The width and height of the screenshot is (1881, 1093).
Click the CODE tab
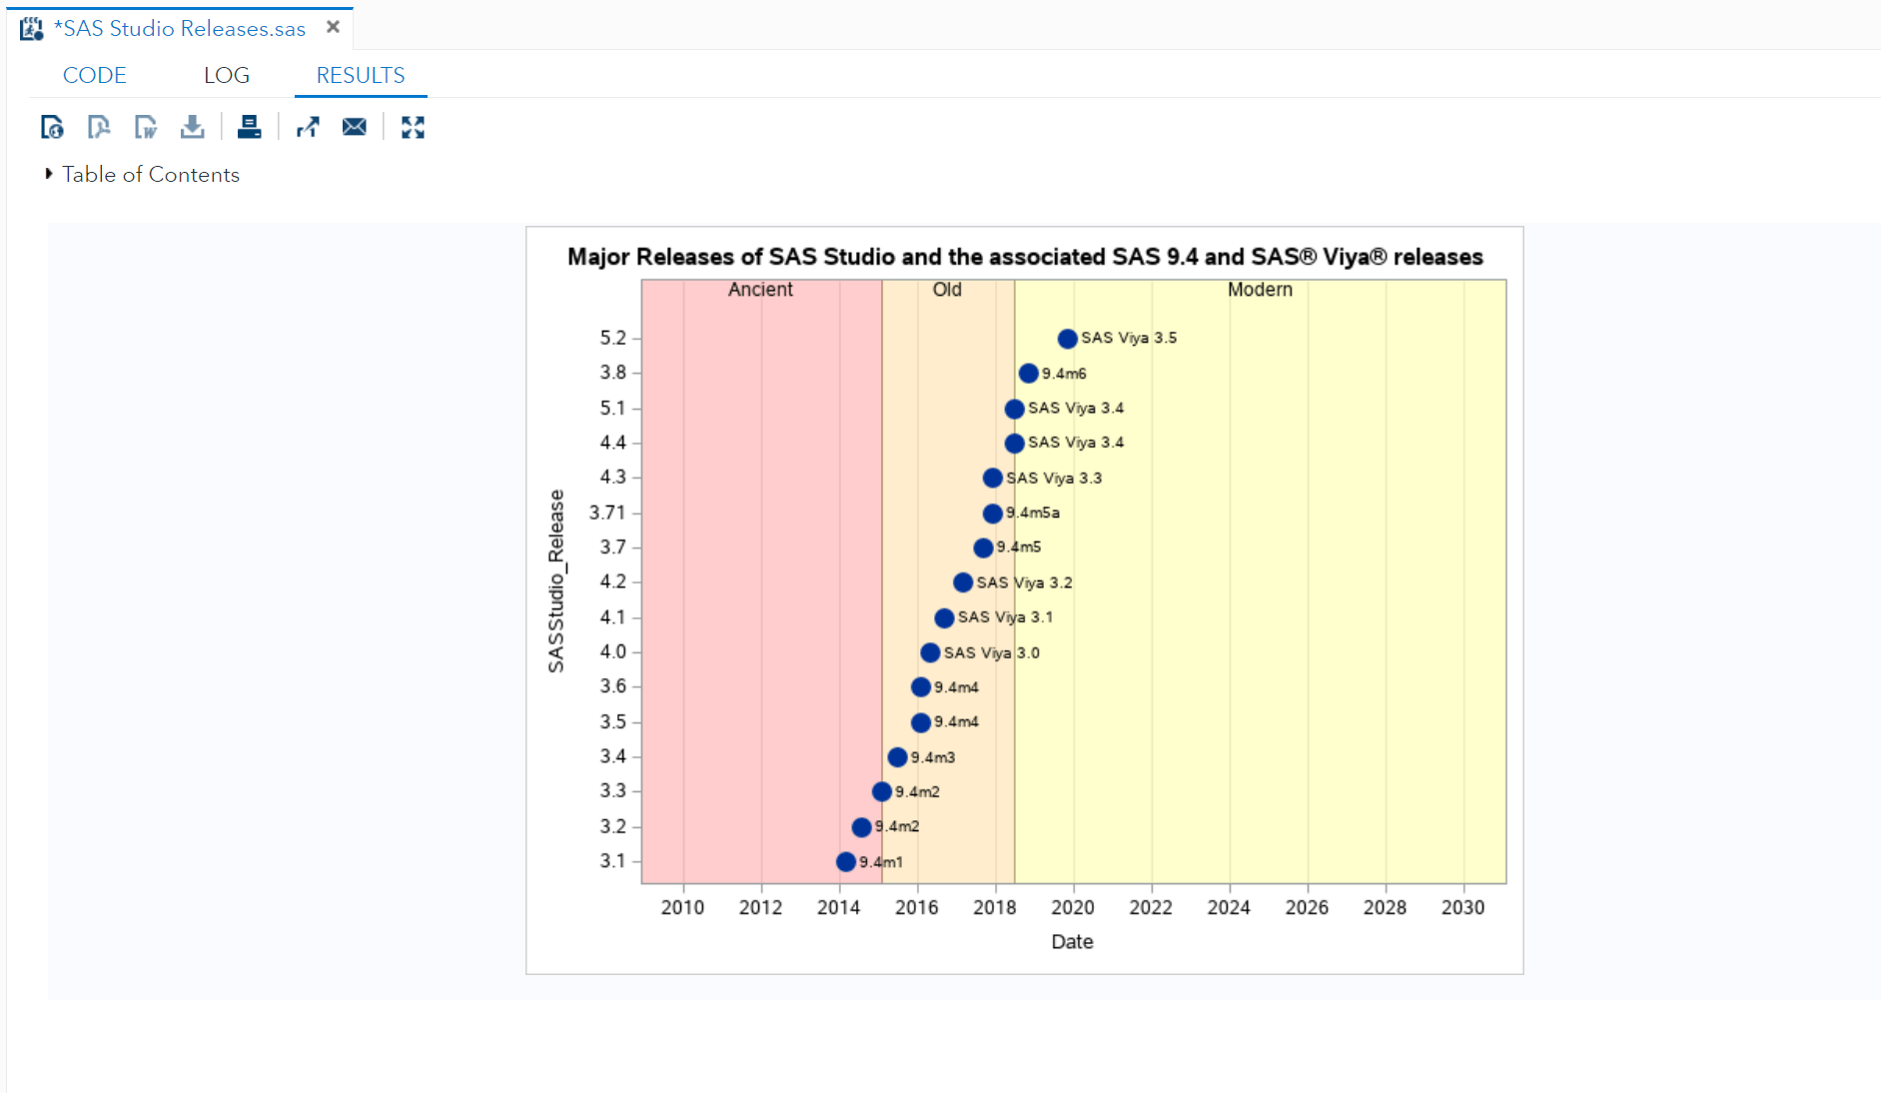pyautogui.click(x=95, y=76)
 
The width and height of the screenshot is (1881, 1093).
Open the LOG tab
pyautogui.click(x=227, y=76)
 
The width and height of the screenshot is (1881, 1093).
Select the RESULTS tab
pyautogui.click(x=361, y=76)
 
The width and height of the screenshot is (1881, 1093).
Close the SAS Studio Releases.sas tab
pyautogui.click(x=334, y=27)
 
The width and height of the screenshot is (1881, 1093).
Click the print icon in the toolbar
pyautogui.click(x=249, y=127)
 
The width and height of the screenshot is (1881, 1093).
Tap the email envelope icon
pyautogui.click(x=355, y=127)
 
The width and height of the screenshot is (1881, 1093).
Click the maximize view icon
pyautogui.click(x=413, y=127)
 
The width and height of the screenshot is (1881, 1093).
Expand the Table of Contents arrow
pyautogui.click(x=49, y=174)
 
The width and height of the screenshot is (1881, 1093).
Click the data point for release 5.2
pyautogui.click(x=1067, y=339)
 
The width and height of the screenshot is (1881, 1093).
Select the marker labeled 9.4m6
pyautogui.click(x=1028, y=374)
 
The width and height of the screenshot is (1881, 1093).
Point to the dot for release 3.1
pyautogui.click(x=845, y=861)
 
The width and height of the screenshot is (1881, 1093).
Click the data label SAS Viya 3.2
pyautogui.click(x=1024, y=582)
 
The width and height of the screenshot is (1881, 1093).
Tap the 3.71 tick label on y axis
pyautogui.click(x=607, y=513)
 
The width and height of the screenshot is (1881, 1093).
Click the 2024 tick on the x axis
pyautogui.click(x=1229, y=907)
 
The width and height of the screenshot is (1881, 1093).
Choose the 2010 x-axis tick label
pyautogui.click(x=682, y=907)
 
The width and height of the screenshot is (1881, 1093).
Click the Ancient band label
pyautogui.click(x=760, y=290)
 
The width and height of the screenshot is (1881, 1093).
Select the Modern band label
pyautogui.click(x=1260, y=290)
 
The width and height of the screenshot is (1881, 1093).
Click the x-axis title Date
pyautogui.click(x=1072, y=942)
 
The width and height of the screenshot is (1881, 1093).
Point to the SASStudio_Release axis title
pyautogui.click(x=555, y=580)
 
